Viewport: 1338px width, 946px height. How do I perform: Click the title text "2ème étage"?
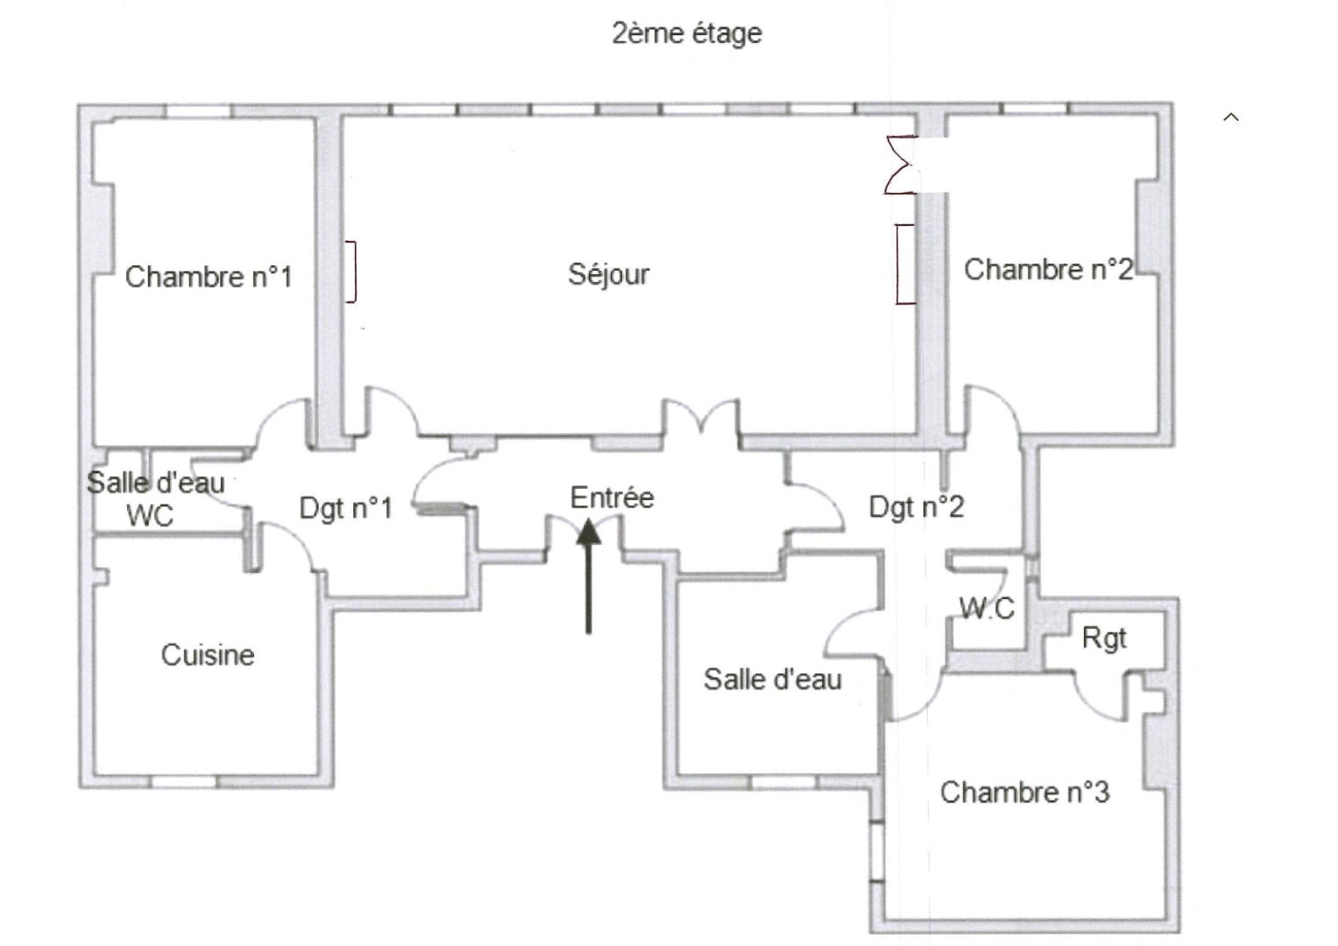tap(686, 33)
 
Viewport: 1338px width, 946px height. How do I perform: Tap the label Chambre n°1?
tap(208, 277)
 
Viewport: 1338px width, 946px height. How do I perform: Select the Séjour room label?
tap(609, 274)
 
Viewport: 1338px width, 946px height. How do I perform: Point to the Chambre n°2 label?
tap(1048, 269)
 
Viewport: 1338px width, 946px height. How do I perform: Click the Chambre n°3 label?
tap(1024, 792)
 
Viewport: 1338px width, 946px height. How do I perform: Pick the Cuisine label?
tap(208, 654)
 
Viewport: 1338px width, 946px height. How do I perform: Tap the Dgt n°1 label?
tap(345, 507)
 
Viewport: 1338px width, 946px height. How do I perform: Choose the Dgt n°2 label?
tap(916, 506)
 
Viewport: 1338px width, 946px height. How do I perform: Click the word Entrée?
tap(612, 498)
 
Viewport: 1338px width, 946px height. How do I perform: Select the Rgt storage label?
tap(1103, 638)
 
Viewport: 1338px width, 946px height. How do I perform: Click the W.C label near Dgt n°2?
tap(987, 607)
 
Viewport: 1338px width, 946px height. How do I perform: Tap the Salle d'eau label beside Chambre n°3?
tap(772, 679)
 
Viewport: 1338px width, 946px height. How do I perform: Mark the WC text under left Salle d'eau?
tap(150, 515)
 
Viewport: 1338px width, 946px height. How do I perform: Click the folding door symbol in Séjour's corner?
tap(901, 165)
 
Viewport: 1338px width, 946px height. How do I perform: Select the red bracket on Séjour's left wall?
tap(350, 271)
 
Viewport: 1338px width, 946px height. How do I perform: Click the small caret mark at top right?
tap(1231, 117)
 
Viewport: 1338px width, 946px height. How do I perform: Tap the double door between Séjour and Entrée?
tap(700, 418)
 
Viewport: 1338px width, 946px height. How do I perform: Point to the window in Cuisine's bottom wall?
tap(184, 780)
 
